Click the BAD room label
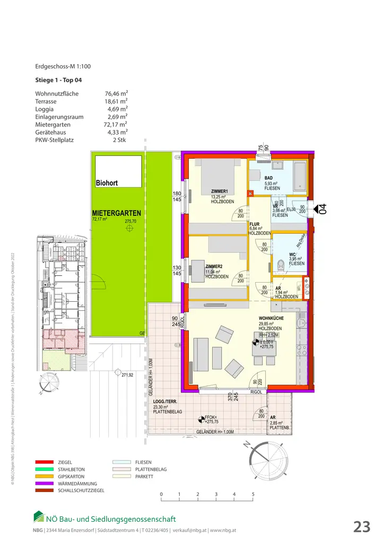click(269, 178)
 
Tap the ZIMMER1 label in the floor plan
click(219, 192)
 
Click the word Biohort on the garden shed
click(107, 183)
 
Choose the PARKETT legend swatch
click(123, 477)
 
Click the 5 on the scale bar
click(253, 494)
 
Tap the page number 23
click(362, 527)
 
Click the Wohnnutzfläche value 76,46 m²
click(116, 94)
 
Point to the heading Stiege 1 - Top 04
click(58, 81)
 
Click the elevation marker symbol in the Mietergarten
click(129, 228)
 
